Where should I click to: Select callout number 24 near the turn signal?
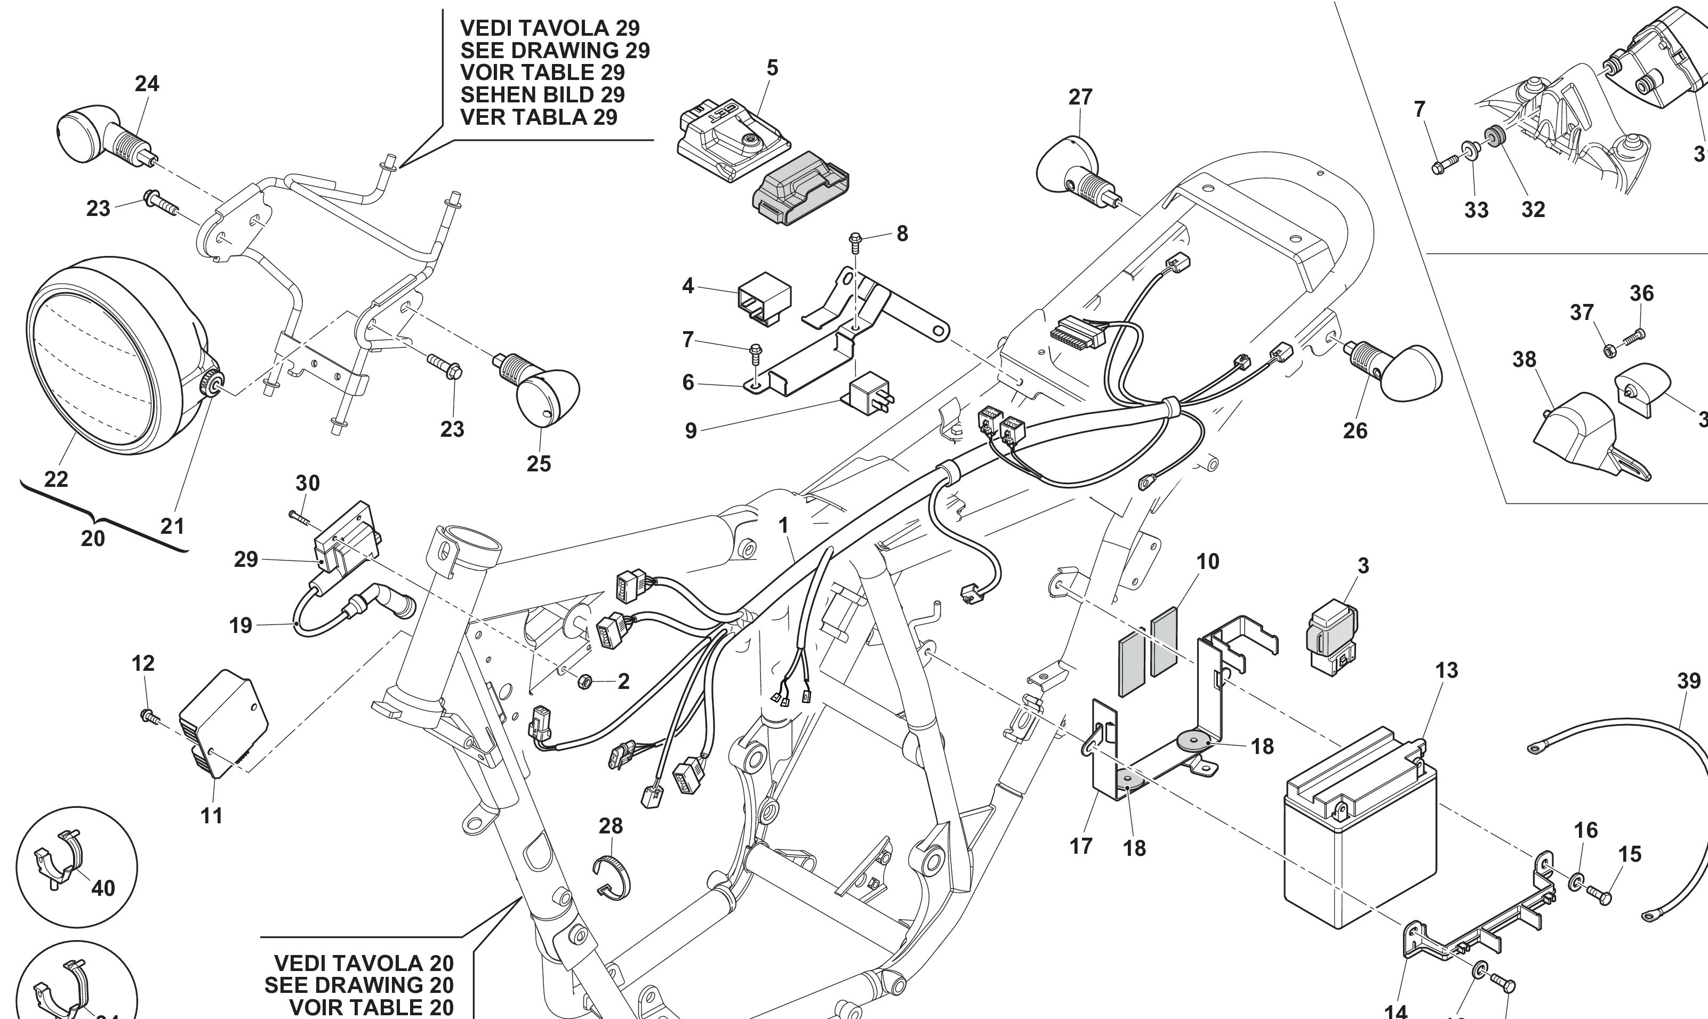(x=147, y=84)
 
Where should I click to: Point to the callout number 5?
(x=772, y=68)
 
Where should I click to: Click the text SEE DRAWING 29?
(x=555, y=50)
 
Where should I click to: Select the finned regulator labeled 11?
(x=223, y=728)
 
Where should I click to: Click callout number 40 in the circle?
(x=103, y=888)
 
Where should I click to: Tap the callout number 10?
(x=1208, y=561)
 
